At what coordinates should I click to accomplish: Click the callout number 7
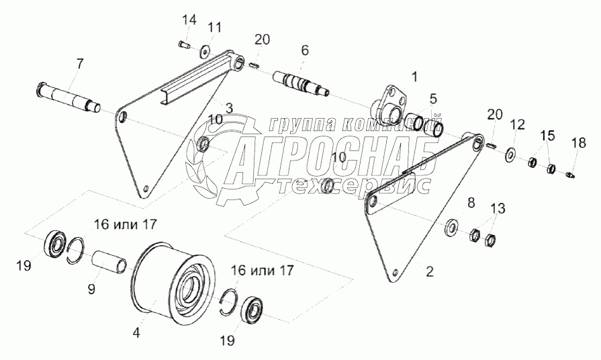click(x=80, y=64)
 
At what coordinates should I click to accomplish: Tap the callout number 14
click(x=190, y=20)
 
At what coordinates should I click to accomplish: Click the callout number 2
click(x=429, y=272)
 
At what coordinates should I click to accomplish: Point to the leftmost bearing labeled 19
click(x=54, y=242)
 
